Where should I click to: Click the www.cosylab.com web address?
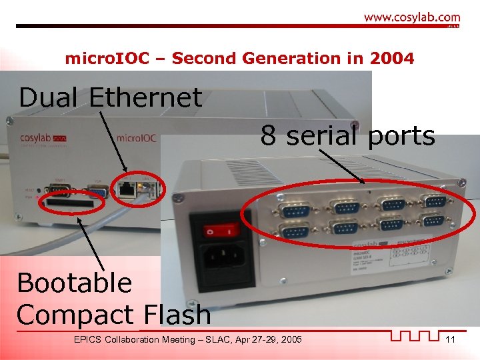pyautogui.click(x=411, y=18)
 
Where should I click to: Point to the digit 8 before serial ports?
pyautogui.click(x=268, y=136)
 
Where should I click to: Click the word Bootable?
pyautogui.click(x=75, y=283)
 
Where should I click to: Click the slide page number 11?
pyautogui.click(x=450, y=340)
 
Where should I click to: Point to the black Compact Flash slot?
pyautogui.click(x=67, y=201)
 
